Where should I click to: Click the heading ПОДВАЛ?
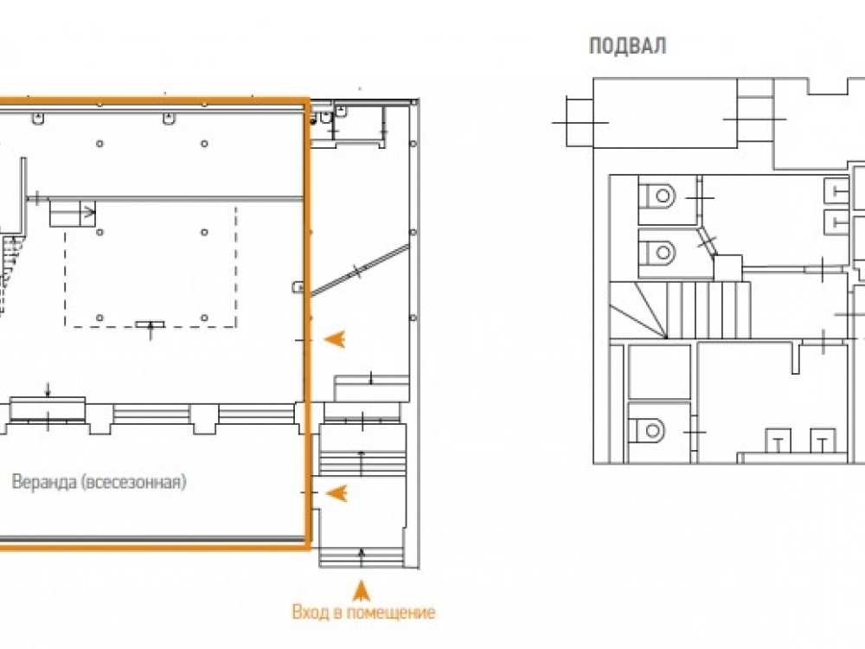[x=628, y=46]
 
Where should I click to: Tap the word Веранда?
[x=45, y=482]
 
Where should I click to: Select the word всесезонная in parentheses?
[x=135, y=482]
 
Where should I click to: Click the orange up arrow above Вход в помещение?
[x=362, y=590]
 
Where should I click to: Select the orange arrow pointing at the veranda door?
[x=336, y=493]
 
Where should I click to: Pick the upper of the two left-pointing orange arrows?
[x=335, y=339]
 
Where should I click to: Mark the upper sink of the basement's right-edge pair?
[x=837, y=191]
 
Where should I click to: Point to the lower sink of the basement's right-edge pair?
[x=837, y=223]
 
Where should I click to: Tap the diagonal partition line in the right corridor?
[x=360, y=270]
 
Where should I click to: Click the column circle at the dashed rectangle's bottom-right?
[x=204, y=318]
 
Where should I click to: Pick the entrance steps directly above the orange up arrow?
[x=362, y=556]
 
